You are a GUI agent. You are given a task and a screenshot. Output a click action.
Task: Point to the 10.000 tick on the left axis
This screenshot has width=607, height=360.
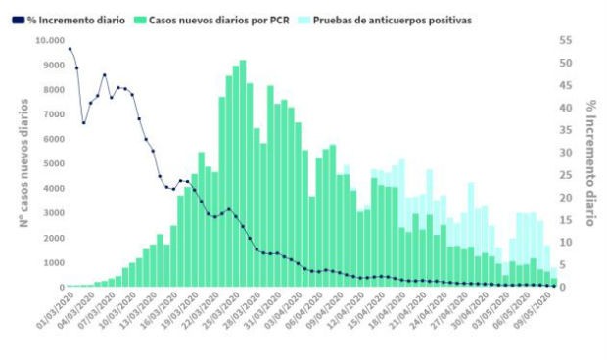point(48,40)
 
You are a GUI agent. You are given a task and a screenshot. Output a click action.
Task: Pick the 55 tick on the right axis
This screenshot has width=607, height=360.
point(566,40)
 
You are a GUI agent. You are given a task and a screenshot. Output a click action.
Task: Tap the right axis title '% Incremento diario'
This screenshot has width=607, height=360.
point(591,161)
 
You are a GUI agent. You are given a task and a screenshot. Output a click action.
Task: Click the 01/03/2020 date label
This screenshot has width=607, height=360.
point(48,310)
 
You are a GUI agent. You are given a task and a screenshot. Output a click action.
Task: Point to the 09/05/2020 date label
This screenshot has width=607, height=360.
point(537,310)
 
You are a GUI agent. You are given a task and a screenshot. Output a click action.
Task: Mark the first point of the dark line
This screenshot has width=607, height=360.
point(70,48)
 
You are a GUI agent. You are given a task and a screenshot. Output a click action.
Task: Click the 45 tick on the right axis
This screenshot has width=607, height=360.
point(566,85)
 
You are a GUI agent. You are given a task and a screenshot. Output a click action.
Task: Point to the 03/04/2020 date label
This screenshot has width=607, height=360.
point(282,310)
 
